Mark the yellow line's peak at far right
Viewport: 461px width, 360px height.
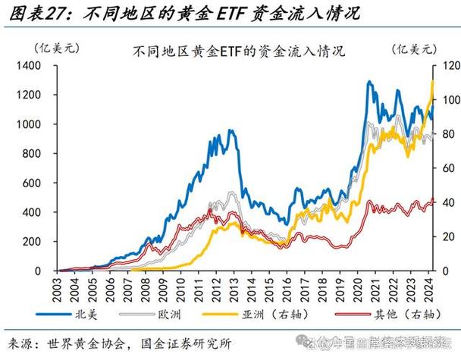point(432,81)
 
